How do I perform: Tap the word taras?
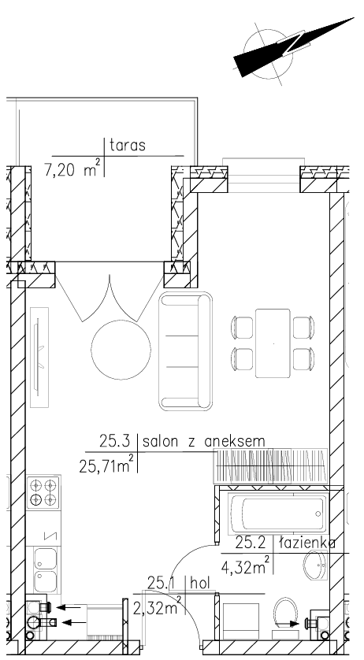(x=128, y=145)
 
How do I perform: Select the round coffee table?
(x=121, y=350)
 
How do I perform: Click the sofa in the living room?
(x=185, y=351)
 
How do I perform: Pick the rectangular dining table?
(x=273, y=343)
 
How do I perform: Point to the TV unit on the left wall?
(x=39, y=357)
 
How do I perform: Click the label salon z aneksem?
(x=204, y=442)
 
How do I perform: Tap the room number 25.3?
(x=113, y=442)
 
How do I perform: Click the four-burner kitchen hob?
(x=43, y=492)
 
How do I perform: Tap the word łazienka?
(x=308, y=543)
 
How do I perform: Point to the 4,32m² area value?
(x=246, y=566)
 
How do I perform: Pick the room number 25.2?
(x=251, y=543)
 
